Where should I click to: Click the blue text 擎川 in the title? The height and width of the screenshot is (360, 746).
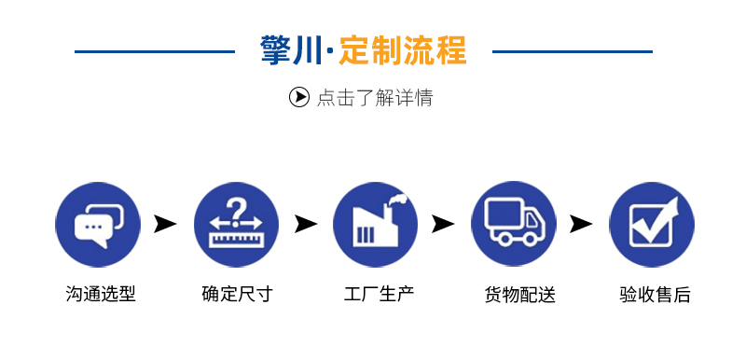[291, 50]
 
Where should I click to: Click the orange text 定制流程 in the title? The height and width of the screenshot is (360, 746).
[403, 50]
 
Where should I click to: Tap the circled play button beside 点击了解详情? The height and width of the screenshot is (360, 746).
[298, 97]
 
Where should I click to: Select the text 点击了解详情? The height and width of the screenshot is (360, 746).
[375, 98]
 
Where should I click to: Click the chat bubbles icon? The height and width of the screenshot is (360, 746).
[99, 225]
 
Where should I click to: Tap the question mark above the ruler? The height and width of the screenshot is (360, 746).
[235, 210]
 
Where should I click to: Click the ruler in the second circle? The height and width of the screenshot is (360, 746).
[236, 239]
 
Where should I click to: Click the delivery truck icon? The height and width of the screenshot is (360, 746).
[515, 222]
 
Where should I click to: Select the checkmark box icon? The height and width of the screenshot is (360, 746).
[653, 222]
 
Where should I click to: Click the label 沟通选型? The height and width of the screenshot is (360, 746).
[101, 294]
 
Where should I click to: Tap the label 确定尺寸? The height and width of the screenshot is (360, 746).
[238, 294]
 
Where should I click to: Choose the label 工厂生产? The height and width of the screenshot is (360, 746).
[379, 294]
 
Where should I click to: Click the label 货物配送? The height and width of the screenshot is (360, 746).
[520, 295]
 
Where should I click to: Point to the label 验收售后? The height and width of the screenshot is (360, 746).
[656, 295]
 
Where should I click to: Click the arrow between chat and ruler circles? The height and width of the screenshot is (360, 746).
[165, 224]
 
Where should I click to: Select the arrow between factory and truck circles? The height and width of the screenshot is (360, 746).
[443, 224]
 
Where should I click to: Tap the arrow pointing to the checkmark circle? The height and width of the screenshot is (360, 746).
[581, 224]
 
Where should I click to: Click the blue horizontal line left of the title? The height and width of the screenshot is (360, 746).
[155, 51]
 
